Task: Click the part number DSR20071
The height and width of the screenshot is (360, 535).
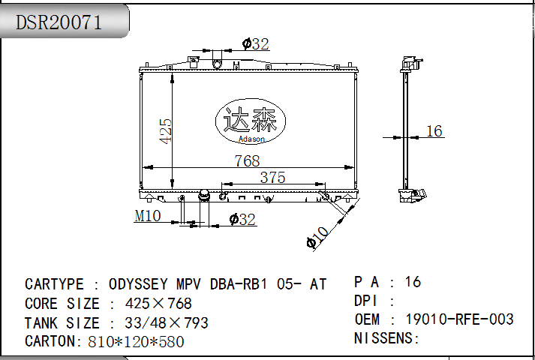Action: click(59, 22)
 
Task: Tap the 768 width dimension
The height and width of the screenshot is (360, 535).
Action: click(248, 161)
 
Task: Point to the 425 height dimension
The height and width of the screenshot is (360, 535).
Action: click(166, 131)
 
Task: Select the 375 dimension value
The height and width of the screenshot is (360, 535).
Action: click(272, 177)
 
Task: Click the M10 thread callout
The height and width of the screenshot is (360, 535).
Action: click(147, 216)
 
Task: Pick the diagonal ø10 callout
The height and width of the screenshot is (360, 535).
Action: click(317, 237)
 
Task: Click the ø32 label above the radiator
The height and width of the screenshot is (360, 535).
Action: click(256, 44)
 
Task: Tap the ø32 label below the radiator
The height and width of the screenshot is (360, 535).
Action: click(242, 219)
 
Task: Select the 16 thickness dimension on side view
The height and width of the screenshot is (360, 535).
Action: click(434, 131)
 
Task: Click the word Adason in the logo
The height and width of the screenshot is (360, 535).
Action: click(251, 139)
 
